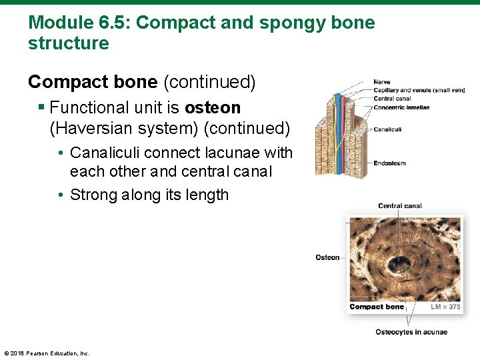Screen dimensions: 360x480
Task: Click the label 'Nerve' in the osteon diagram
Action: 382,82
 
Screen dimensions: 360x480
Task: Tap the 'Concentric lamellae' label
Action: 401,107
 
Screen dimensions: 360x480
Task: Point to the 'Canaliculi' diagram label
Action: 388,129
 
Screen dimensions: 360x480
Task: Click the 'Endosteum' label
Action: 389,163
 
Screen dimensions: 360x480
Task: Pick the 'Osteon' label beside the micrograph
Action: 327,257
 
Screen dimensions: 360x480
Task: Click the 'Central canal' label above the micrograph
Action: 399,206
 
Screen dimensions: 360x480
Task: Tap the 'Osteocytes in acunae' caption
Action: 411,332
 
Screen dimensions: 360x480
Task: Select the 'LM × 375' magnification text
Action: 445,307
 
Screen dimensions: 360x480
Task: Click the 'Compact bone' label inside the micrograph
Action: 377,307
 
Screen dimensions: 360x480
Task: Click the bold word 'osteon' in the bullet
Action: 213,107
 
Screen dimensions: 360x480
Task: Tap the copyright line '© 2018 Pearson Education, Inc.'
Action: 47,353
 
